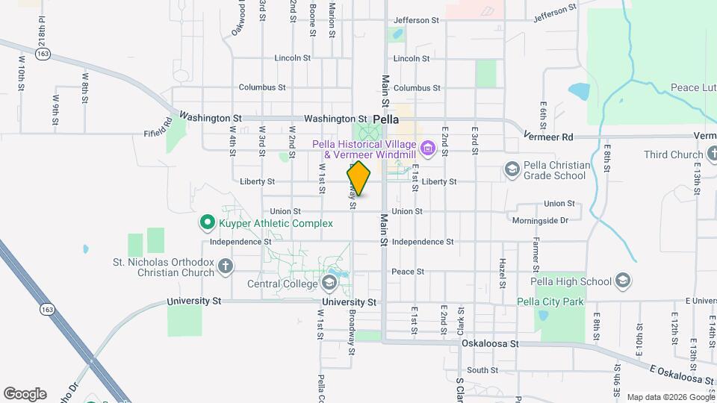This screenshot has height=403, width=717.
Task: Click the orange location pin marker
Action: (x=359, y=178)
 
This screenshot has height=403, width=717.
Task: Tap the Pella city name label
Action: (x=385, y=119)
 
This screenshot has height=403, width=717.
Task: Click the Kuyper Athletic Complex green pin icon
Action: (x=207, y=222)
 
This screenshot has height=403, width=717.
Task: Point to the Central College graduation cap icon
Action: (x=329, y=283)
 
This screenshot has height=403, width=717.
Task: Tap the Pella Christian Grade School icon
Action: (x=512, y=169)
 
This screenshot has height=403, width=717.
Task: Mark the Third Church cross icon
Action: (x=697, y=154)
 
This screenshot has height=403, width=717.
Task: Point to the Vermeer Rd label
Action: (x=548, y=137)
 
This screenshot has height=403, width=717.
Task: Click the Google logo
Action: (x=25, y=393)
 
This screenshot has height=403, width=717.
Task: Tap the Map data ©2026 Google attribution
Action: (x=669, y=396)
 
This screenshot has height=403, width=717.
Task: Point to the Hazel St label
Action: (x=502, y=274)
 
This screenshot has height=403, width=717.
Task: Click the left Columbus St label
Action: (x=262, y=87)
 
